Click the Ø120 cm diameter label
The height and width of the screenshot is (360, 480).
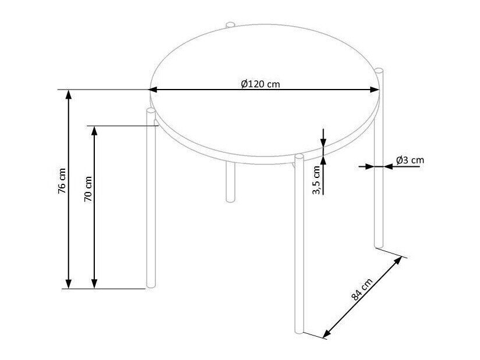[260, 84]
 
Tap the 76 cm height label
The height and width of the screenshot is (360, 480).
[62, 181]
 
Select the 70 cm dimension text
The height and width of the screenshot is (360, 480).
[88, 189]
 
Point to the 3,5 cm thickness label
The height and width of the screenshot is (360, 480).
[316, 180]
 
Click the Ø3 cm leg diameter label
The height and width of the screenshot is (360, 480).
[410, 160]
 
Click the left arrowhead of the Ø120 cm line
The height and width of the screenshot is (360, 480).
[153, 90]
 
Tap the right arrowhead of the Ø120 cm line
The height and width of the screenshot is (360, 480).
[375, 90]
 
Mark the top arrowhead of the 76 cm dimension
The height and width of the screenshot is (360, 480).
[69, 95]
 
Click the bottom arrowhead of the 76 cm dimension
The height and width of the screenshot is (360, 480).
[69, 284]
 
